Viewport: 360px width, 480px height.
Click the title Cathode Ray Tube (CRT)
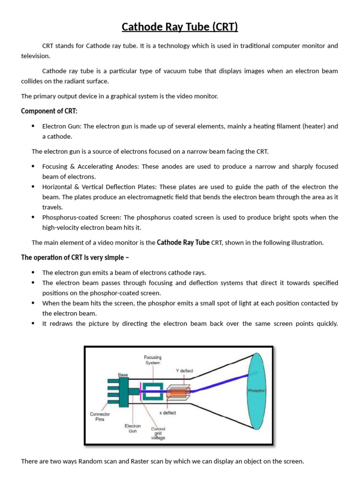180,27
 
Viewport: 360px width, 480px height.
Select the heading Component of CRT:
49,111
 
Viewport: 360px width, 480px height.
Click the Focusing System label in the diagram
152,360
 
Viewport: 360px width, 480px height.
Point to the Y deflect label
184,371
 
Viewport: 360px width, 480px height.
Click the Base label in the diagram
123,375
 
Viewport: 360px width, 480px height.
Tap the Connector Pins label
100,417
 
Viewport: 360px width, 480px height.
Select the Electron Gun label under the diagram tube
133,428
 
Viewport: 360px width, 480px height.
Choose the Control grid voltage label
158,433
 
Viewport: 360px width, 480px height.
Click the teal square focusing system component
152,392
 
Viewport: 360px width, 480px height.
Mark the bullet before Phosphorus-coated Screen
33,217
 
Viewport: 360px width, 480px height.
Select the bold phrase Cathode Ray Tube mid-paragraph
183,242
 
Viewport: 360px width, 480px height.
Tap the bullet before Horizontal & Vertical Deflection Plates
33,187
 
